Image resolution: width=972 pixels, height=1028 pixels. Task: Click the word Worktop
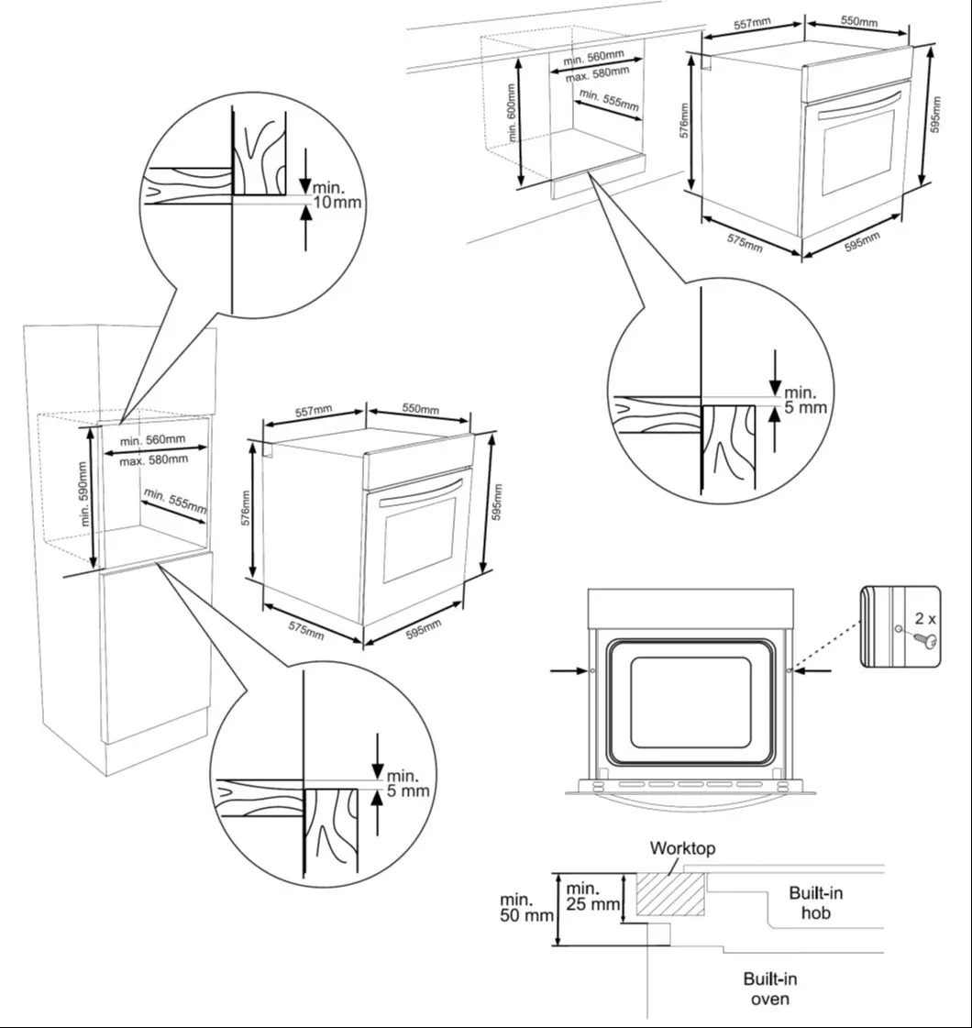tap(682, 848)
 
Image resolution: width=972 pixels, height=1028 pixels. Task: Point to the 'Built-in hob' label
tap(815, 902)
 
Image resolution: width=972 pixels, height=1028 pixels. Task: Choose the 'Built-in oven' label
tap(769, 989)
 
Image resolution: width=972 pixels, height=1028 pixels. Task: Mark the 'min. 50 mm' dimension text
tap(526, 907)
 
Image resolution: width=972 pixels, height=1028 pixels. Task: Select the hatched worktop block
tap(671, 894)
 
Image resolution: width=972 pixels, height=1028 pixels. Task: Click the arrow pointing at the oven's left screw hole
tap(569, 671)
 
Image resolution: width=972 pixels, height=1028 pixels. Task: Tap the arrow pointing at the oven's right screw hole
tap(813, 671)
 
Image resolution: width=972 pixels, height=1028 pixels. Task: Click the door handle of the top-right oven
tap(858, 102)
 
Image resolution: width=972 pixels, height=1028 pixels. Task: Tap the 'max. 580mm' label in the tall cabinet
tap(153, 459)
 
